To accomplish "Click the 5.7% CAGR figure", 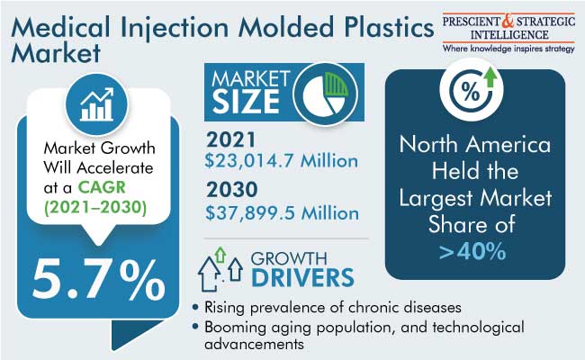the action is pyautogui.click(x=98, y=280).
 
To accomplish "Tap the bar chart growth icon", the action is pyautogui.click(x=96, y=104).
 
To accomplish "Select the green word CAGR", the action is pyautogui.click(x=102, y=187).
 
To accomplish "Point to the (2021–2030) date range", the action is pyautogui.click(x=95, y=207).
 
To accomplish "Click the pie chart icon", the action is pyautogui.click(x=325, y=94).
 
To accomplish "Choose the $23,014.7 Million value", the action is pyautogui.click(x=282, y=161).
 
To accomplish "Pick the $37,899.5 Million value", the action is pyautogui.click(x=282, y=213).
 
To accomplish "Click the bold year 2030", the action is pyautogui.click(x=231, y=190).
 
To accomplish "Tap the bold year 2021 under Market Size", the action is pyautogui.click(x=231, y=139).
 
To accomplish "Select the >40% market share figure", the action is pyautogui.click(x=472, y=251).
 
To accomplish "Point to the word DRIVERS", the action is pyautogui.click(x=302, y=278).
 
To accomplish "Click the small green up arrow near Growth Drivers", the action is pyautogui.click(x=220, y=255).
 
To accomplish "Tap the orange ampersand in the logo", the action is pyautogui.click(x=508, y=21).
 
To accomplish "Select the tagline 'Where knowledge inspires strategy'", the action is pyautogui.click(x=508, y=49).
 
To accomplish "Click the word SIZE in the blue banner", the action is pyautogui.click(x=246, y=102).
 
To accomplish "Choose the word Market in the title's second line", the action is pyautogui.click(x=56, y=52).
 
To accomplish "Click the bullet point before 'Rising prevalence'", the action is pyautogui.click(x=195, y=308).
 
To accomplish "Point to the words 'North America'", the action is pyautogui.click(x=474, y=144).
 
